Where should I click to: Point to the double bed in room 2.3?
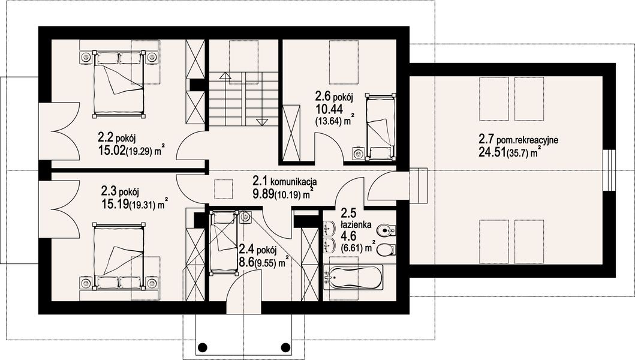[x=119, y=257]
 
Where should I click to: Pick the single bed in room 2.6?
[x=380, y=127]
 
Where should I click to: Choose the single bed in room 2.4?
[x=223, y=242]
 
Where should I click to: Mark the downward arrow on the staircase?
[x=263, y=122]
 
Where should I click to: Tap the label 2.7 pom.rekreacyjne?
[x=519, y=140]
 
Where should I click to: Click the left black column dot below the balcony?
[x=203, y=347]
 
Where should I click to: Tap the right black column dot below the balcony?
[x=286, y=347]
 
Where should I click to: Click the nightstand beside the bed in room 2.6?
[x=358, y=153]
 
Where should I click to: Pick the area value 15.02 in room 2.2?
[x=112, y=151]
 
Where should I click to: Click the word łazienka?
[x=356, y=224]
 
